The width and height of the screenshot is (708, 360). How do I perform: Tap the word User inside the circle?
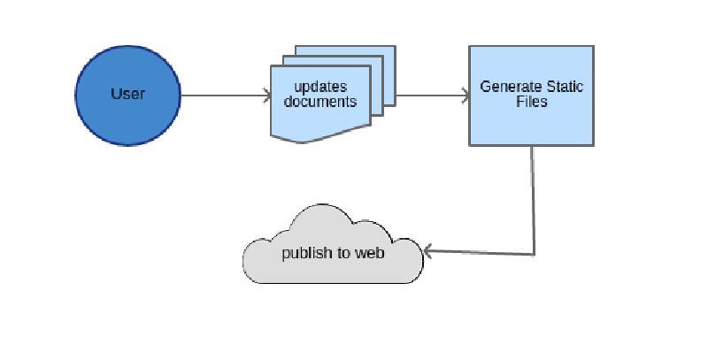127,94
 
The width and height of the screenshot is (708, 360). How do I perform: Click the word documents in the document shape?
320,102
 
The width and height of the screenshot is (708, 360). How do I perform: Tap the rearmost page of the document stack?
389,53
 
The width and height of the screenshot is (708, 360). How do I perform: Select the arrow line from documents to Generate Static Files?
429,95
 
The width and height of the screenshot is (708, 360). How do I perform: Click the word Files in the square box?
531,102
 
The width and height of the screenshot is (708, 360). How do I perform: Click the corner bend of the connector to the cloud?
534,254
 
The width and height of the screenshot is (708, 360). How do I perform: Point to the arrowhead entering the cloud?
427,251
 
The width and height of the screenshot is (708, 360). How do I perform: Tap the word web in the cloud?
370,253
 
